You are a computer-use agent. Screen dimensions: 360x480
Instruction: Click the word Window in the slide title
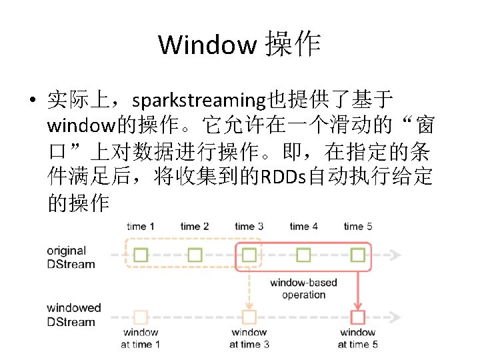pyautogui.click(x=207, y=45)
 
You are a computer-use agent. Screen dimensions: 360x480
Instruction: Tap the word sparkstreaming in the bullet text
pyautogui.click(x=199, y=101)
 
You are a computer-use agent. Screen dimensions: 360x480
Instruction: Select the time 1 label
pyautogui.click(x=140, y=227)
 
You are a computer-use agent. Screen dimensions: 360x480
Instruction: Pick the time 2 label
pyautogui.click(x=195, y=227)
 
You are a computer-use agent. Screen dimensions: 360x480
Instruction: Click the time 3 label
pyautogui.click(x=249, y=227)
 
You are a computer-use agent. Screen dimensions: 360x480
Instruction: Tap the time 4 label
pyautogui.click(x=303, y=227)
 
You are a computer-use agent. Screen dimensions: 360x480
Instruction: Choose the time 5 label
pyautogui.click(x=358, y=227)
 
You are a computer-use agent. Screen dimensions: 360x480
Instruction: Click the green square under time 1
pyautogui.click(x=141, y=255)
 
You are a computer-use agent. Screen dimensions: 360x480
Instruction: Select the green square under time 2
pyautogui.click(x=195, y=255)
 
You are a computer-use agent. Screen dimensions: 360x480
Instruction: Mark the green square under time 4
pyautogui.click(x=303, y=255)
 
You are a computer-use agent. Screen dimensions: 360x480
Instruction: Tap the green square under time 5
pyautogui.click(x=358, y=255)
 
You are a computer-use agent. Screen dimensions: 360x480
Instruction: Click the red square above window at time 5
pyautogui.click(x=358, y=317)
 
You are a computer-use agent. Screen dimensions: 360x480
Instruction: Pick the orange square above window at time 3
pyautogui.click(x=249, y=317)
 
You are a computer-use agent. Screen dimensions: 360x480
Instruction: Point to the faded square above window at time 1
pyautogui.click(x=141, y=317)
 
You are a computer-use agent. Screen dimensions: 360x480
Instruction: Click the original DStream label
pyautogui.click(x=71, y=257)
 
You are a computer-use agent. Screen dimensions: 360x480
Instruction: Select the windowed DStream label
pyautogui.click(x=73, y=315)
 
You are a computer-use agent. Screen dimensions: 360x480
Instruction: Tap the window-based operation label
pyautogui.click(x=303, y=289)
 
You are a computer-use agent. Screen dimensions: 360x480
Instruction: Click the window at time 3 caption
pyautogui.click(x=249, y=338)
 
